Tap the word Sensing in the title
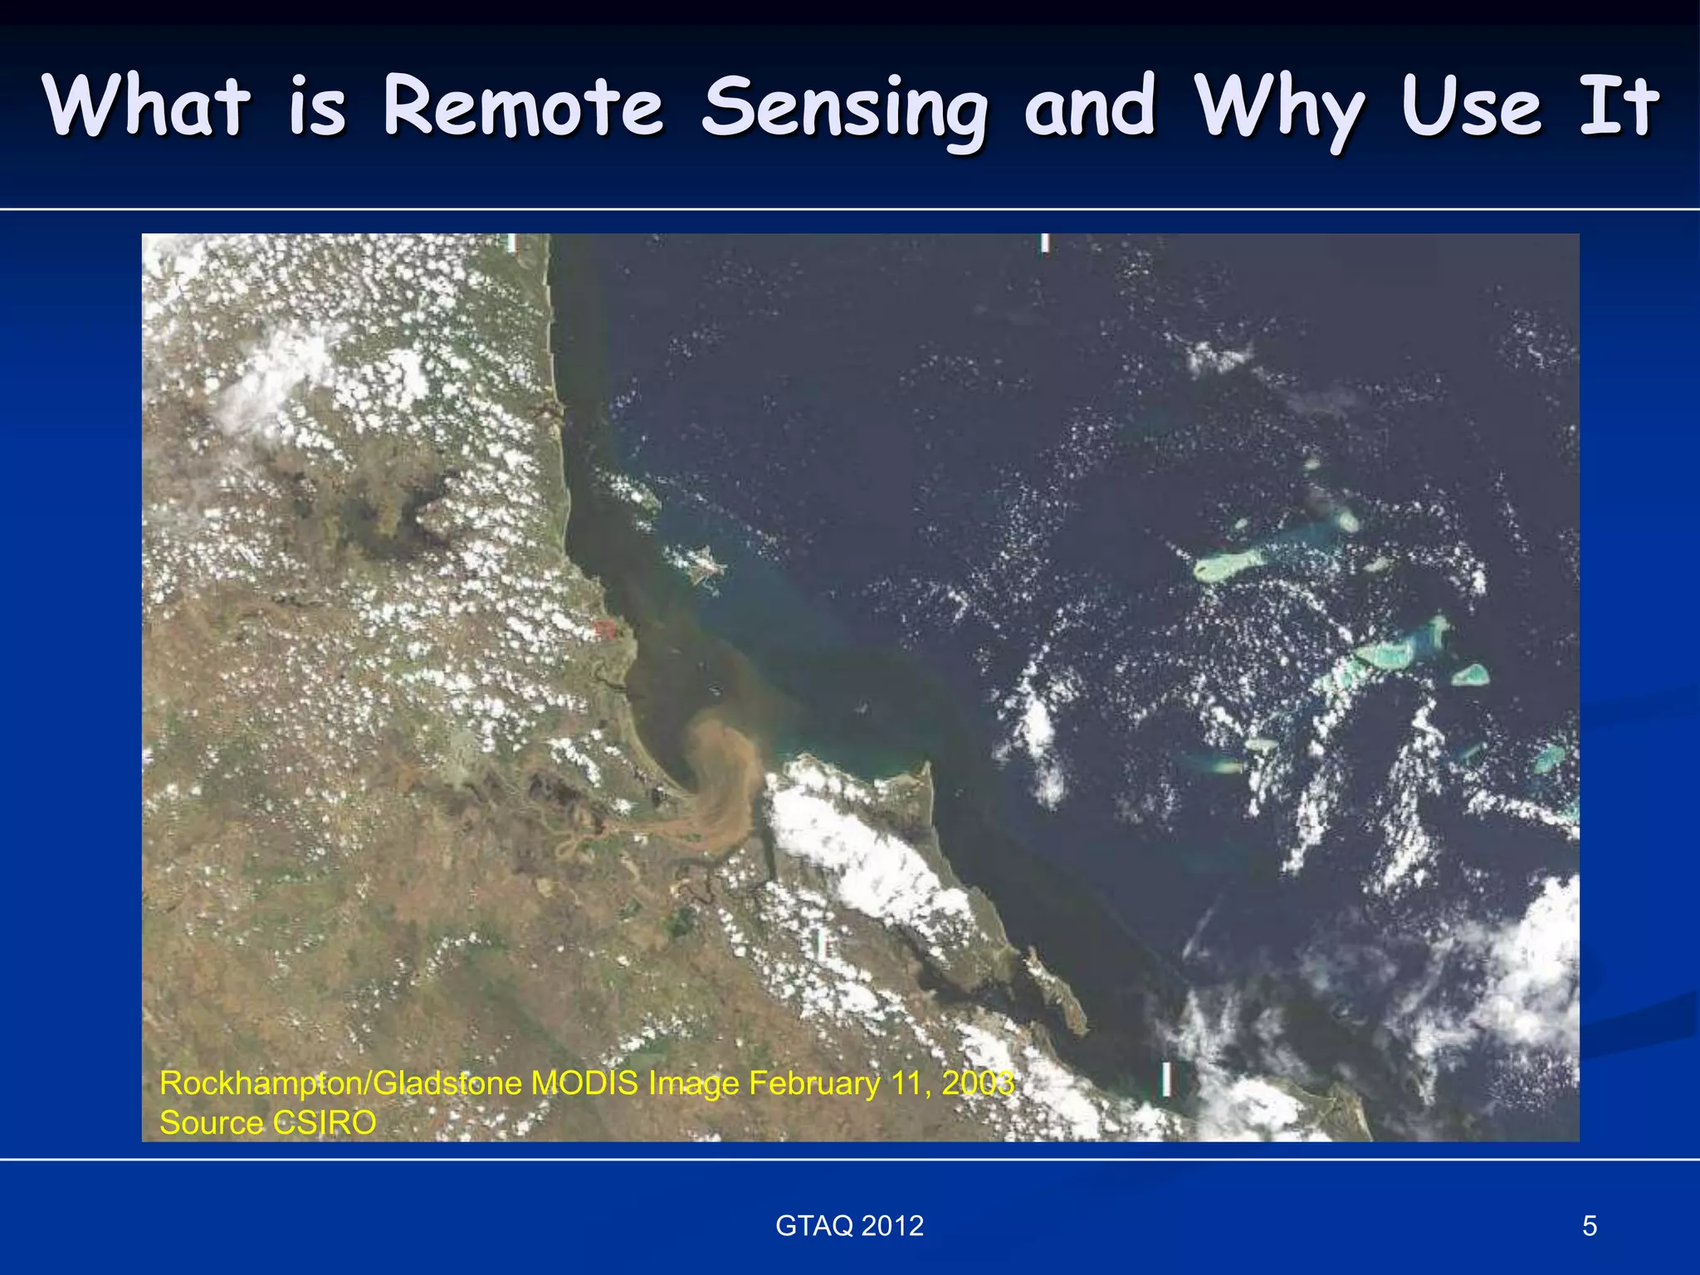point(845,108)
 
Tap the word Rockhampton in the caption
point(261,1083)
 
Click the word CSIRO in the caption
point(324,1123)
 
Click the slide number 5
point(1590,1226)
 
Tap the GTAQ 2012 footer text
point(849,1226)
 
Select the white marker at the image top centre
point(1045,243)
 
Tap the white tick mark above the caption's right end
point(1166,1079)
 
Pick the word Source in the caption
point(211,1123)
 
